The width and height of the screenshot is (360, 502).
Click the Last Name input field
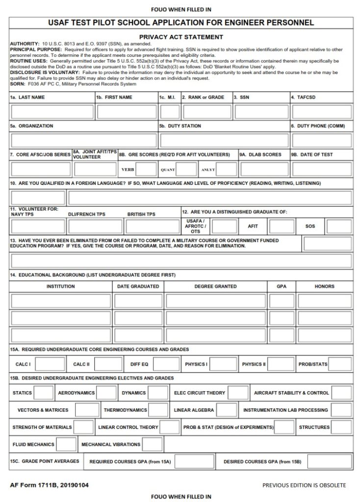click(x=52, y=112)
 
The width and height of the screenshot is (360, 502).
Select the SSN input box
click(x=261, y=112)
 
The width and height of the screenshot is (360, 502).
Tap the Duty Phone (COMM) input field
click(x=322, y=140)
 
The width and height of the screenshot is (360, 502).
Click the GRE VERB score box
click(x=147, y=169)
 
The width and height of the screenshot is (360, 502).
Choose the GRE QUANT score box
click(x=187, y=169)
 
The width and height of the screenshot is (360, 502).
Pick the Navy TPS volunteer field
click(x=38, y=226)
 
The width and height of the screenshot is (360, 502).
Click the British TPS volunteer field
click(x=151, y=226)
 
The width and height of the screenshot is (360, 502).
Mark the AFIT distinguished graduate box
click(x=282, y=226)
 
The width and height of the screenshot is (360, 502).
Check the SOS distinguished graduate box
click(x=339, y=226)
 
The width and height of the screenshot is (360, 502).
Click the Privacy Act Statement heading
click(x=181, y=37)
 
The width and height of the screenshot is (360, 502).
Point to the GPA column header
click(x=282, y=286)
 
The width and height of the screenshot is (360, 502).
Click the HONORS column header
click(x=324, y=286)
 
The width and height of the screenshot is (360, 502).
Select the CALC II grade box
click(x=108, y=364)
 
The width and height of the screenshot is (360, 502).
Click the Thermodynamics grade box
click(x=158, y=410)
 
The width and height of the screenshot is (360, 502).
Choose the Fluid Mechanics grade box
click(x=66, y=444)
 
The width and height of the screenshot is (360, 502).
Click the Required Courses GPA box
click(x=194, y=462)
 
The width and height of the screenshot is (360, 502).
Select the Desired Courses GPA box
click(x=327, y=462)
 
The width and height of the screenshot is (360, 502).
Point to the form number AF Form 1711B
click(x=50, y=485)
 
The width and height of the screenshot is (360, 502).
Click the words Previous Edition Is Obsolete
click(x=304, y=485)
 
